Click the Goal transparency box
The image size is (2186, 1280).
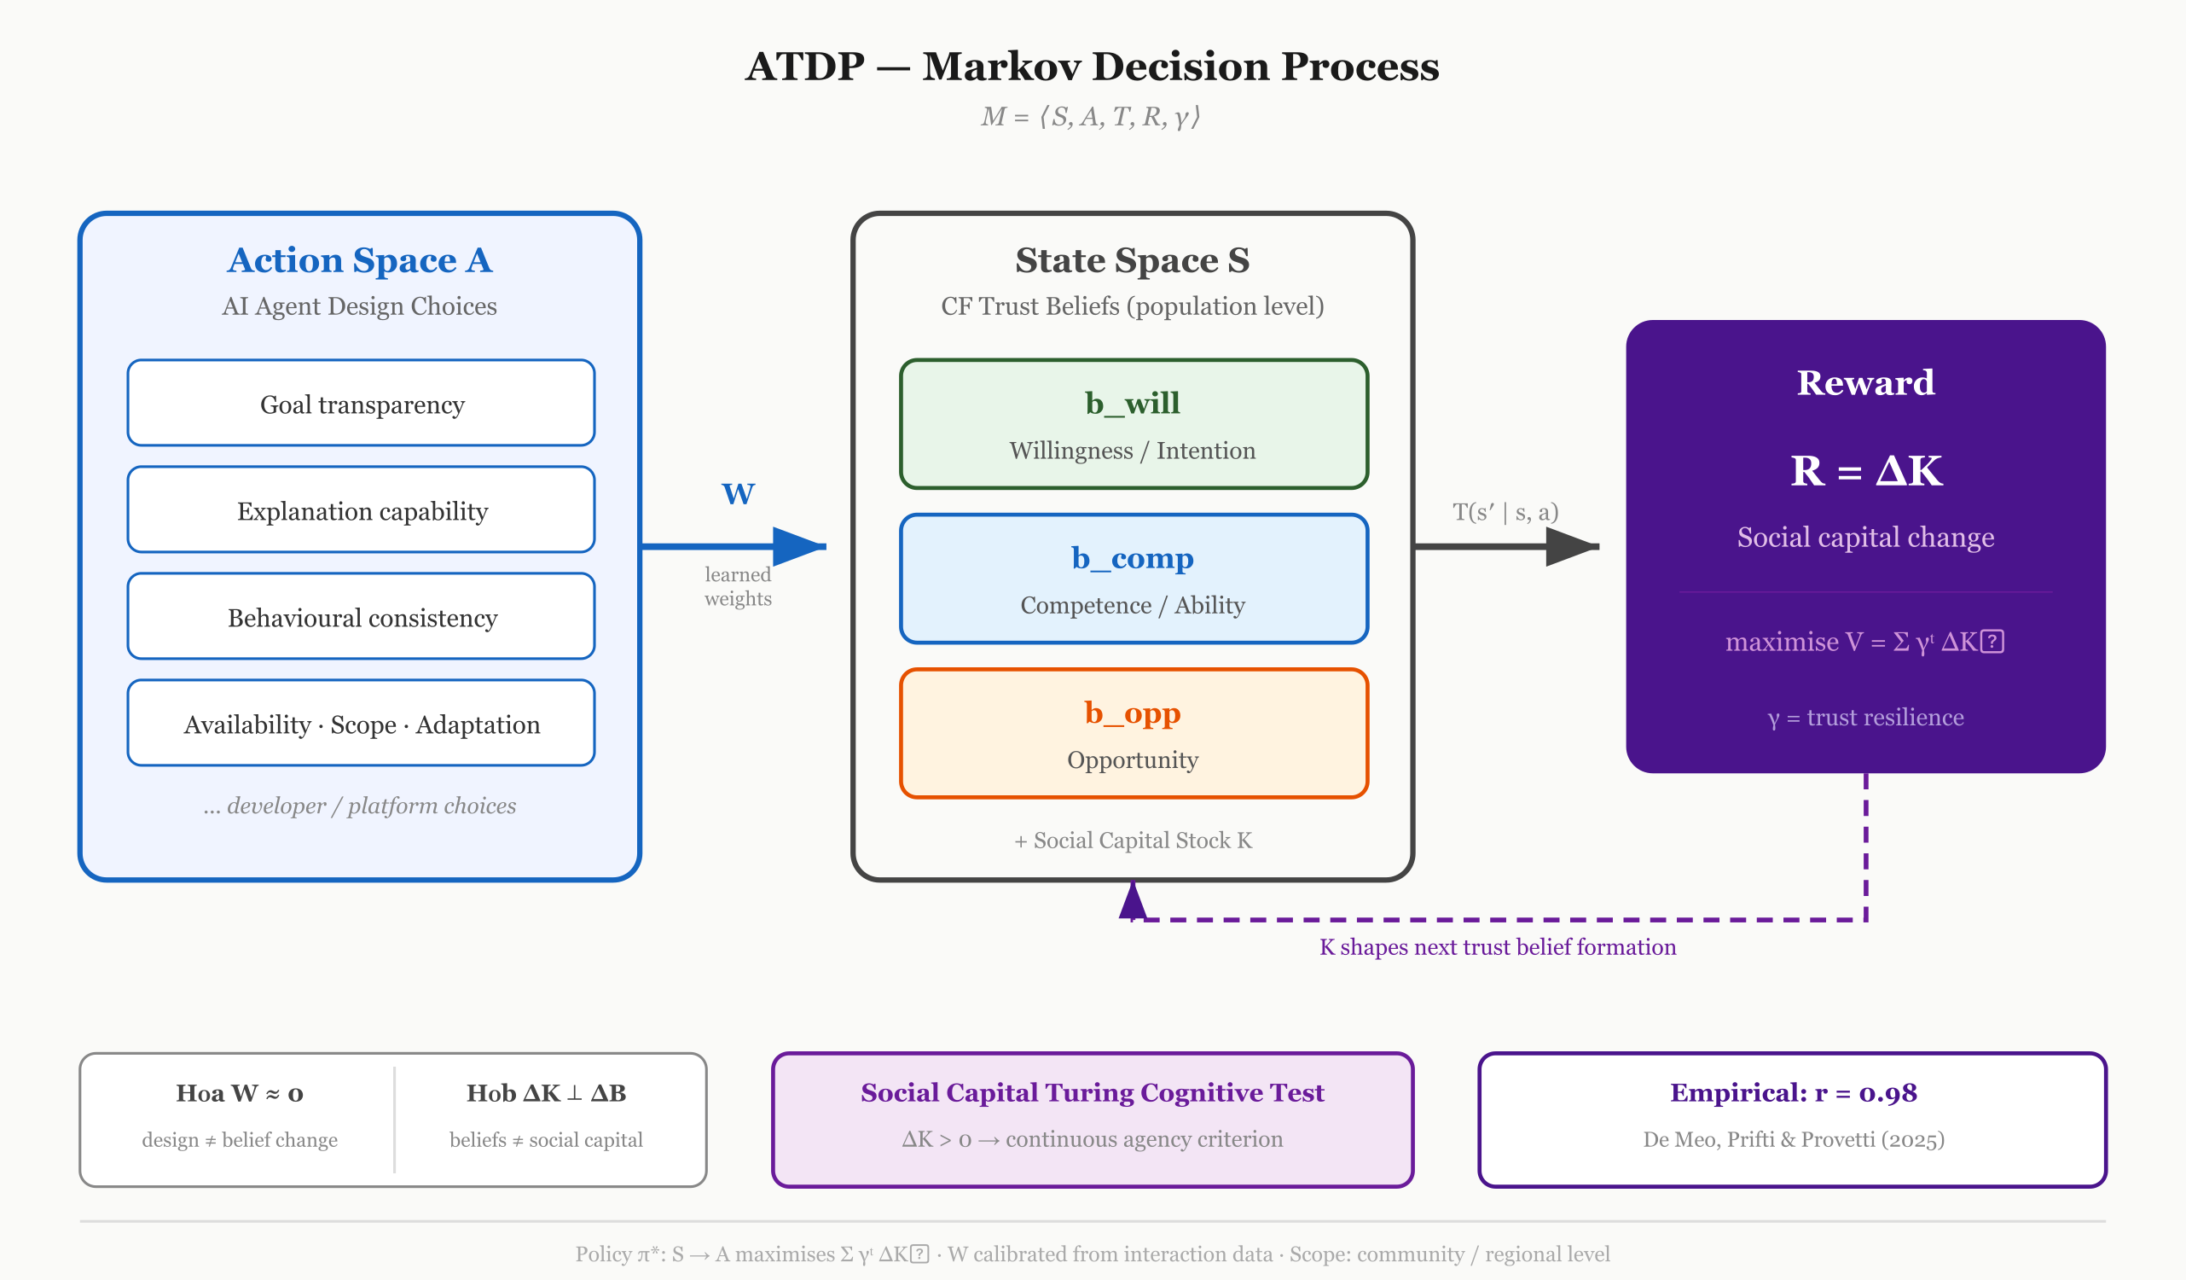361,403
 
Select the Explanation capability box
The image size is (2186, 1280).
361,509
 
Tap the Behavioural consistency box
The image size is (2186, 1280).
361,616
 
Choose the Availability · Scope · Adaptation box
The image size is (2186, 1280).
361,723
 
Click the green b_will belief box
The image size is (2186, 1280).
1134,424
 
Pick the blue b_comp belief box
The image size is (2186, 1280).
1134,579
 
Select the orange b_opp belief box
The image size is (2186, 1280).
1134,733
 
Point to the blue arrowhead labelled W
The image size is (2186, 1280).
799,547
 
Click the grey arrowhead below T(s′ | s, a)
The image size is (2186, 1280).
1573,547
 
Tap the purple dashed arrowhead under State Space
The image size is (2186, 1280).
1133,901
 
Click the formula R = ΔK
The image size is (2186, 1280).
1866,471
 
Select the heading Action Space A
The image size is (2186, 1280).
360,260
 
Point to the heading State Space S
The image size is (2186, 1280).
1133,260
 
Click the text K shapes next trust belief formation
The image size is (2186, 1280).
1498,946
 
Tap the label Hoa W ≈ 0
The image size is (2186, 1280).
241,1093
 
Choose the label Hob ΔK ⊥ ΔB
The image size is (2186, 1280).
547,1093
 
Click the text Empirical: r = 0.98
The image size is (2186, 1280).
1794,1092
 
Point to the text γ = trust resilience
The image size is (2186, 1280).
1866,718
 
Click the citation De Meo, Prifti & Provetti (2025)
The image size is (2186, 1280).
1794,1139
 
